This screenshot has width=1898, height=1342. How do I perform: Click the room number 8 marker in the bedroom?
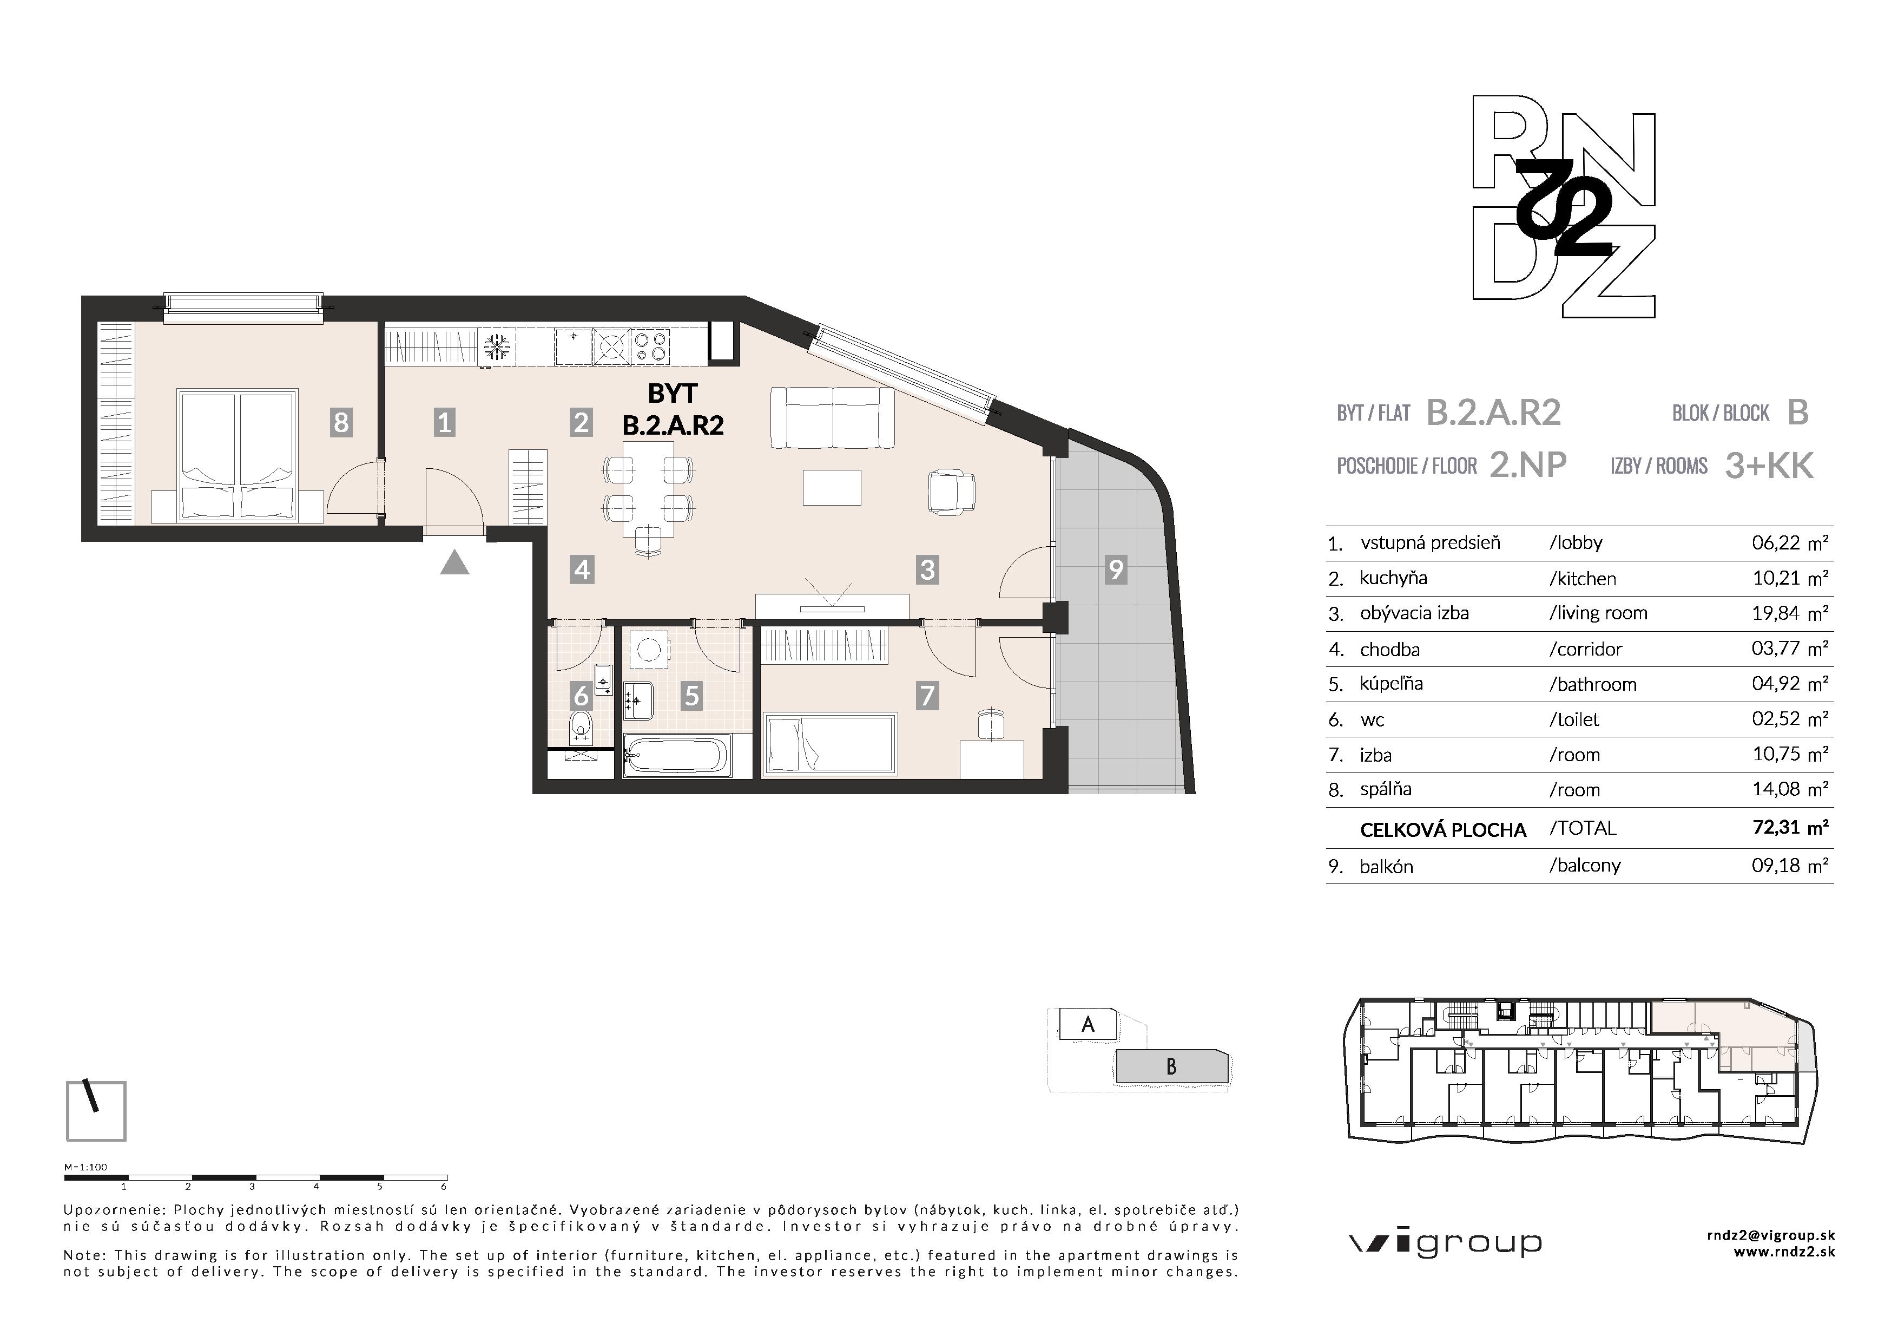pyautogui.click(x=340, y=423)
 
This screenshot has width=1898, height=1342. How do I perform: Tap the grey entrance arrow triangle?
pyautogui.click(x=454, y=564)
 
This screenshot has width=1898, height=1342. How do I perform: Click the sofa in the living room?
pyautogui.click(x=832, y=418)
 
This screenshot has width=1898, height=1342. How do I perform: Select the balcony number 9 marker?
pyautogui.click(x=1116, y=569)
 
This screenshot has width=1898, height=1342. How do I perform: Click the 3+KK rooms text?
pyautogui.click(x=1769, y=466)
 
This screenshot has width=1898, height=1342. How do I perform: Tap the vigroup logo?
pyautogui.click(x=1445, y=1243)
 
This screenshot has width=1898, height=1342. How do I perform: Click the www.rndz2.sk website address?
pyautogui.click(x=1783, y=1252)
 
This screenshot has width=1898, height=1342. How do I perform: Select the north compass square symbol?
pyautogui.click(x=96, y=1110)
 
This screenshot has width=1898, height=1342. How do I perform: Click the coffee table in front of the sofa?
pyautogui.click(x=832, y=487)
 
